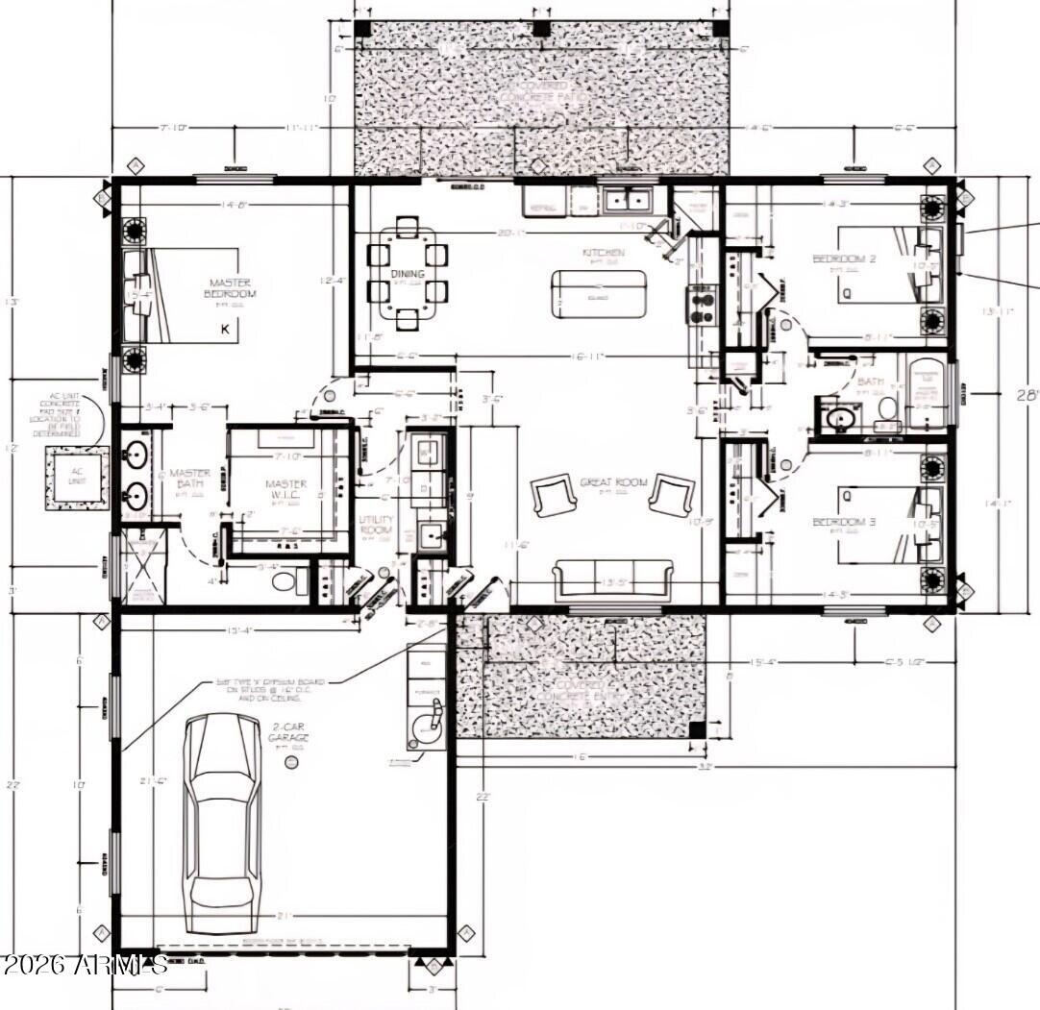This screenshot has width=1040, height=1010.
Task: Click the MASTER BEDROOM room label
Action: coord(231,287)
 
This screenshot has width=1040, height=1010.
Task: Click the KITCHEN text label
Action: coord(603,253)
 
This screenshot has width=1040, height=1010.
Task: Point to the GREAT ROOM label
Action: coord(612,482)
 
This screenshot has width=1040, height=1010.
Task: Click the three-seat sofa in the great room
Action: coord(612,580)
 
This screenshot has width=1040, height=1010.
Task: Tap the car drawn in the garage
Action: coord(222,825)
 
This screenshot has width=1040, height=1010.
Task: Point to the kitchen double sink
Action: coord(629,200)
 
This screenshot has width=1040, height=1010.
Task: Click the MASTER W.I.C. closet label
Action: coord(285,490)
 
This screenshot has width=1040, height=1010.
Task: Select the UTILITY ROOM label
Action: coord(377,525)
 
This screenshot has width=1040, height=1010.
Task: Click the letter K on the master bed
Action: coord(225,329)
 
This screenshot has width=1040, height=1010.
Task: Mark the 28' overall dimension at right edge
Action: coord(1028,395)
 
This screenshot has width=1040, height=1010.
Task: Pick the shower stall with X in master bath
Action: coord(142,570)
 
